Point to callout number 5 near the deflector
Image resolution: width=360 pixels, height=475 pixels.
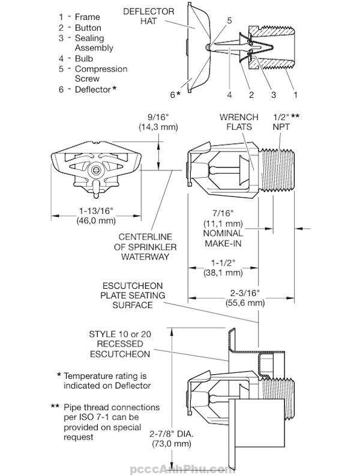click(229, 20)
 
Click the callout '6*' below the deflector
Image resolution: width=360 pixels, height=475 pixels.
click(175, 94)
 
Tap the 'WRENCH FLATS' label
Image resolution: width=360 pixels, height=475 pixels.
click(239, 122)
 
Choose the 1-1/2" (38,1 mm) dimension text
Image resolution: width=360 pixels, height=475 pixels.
click(223, 267)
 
